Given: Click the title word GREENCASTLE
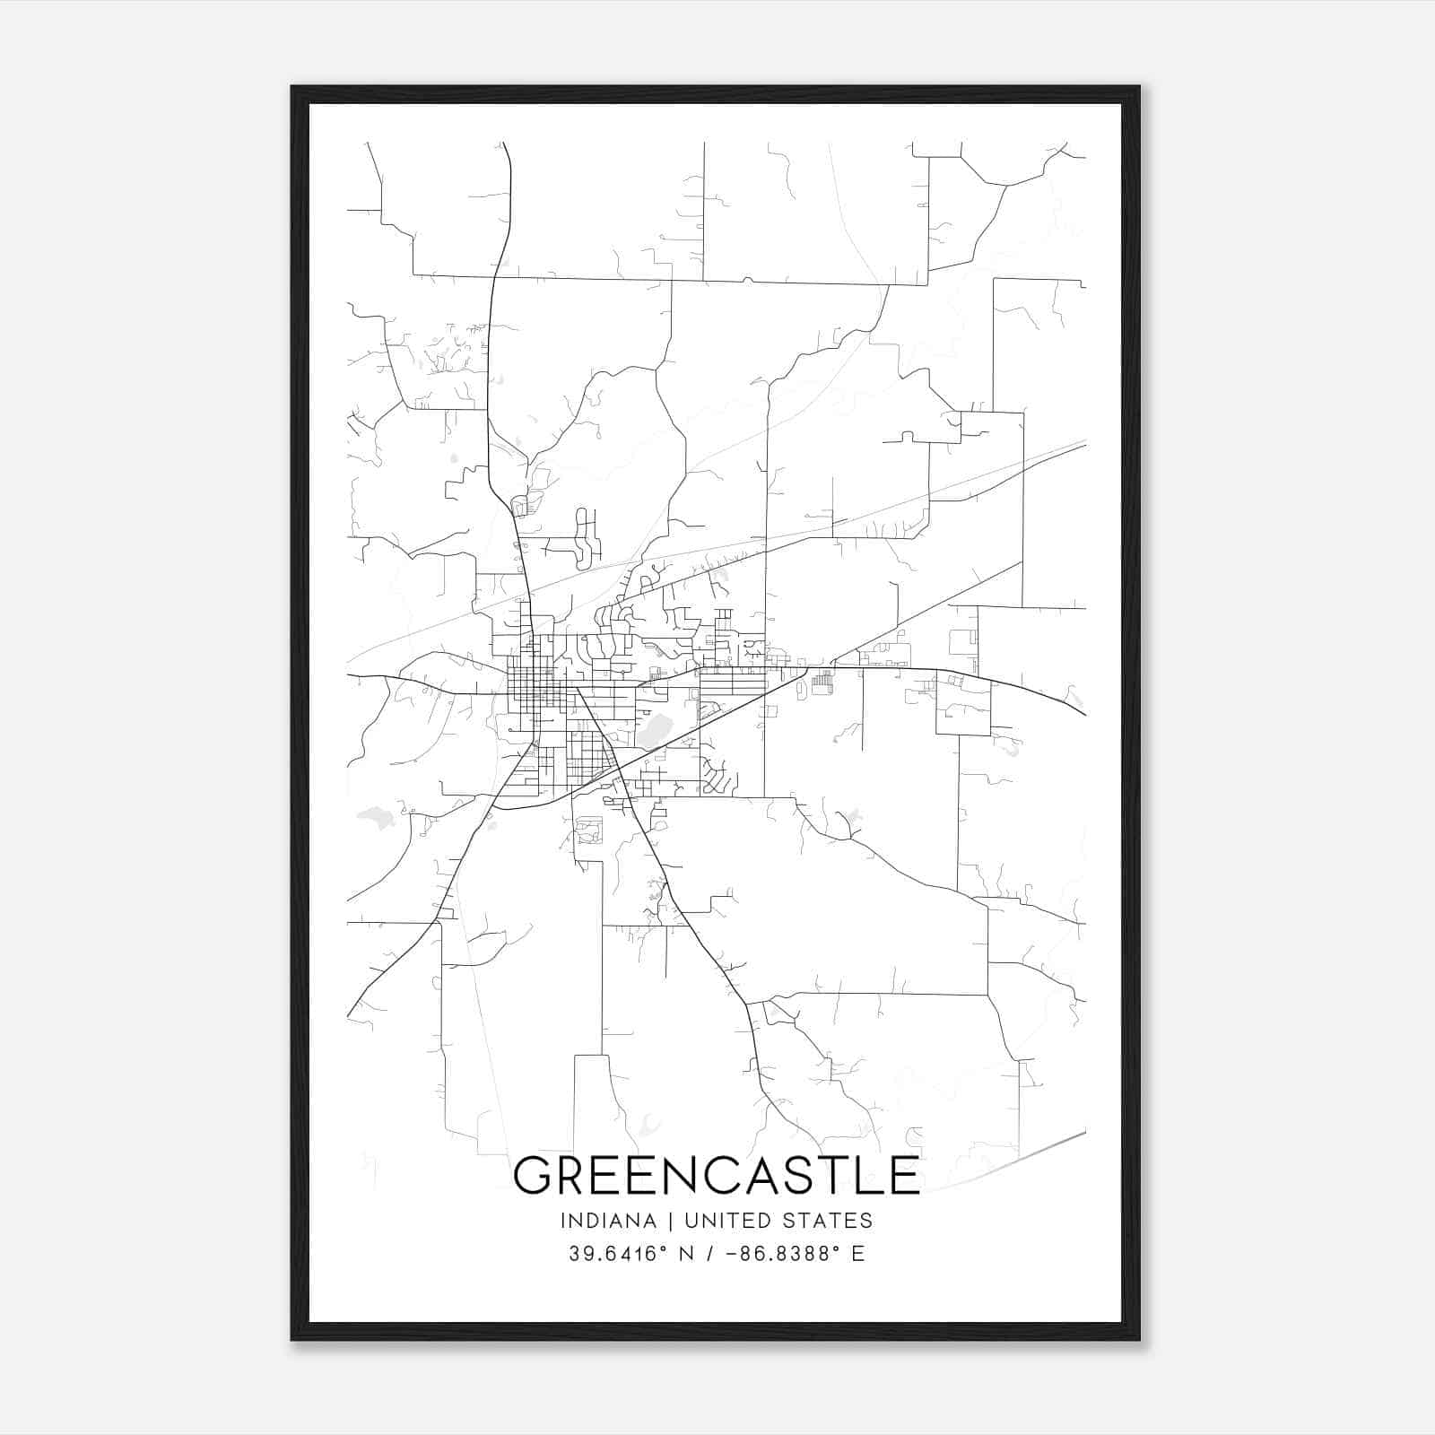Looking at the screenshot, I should [x=717, y=1176].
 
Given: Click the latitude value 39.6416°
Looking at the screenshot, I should [x=620, y=1254].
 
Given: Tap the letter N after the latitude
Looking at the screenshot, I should [x=687, y=1254].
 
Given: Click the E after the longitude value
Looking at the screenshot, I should [x=858, y=1254].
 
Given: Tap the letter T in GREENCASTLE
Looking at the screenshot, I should [x=835, y=1176].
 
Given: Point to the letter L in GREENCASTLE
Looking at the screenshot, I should [x=871, y=1176].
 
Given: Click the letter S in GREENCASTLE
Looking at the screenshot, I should [x=798, y=1176].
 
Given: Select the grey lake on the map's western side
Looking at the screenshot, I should [x=376, y=817].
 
